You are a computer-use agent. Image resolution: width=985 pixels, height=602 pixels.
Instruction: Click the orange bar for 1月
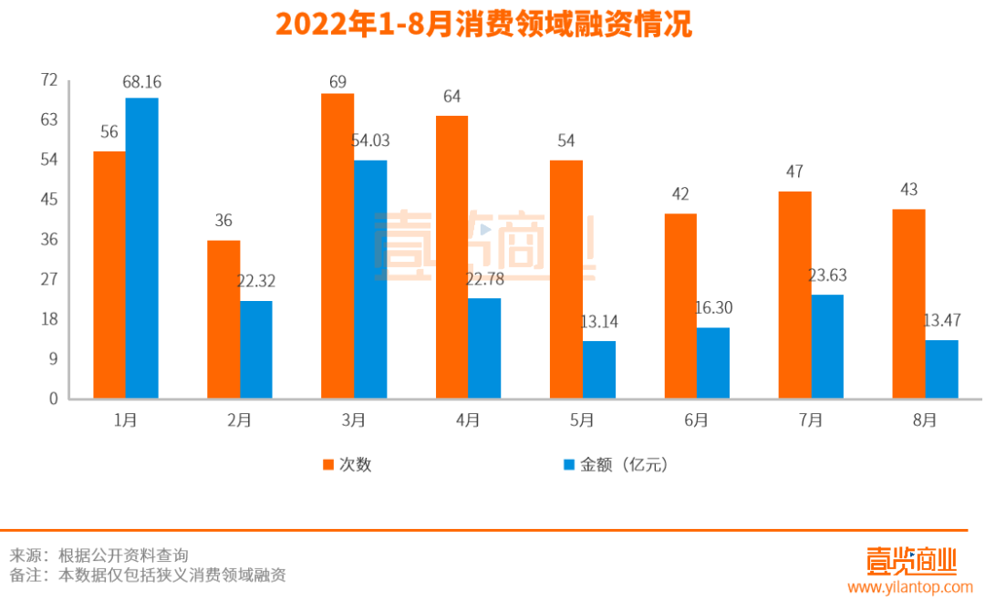109,275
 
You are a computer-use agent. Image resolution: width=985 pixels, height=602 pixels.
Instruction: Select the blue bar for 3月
370,279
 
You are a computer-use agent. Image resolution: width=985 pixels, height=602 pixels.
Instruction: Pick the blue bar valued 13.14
599,369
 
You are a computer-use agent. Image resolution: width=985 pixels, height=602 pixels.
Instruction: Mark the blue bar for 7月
827,347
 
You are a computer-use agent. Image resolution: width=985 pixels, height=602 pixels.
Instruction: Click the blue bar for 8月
941,369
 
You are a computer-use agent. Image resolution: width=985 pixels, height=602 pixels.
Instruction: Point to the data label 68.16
142,83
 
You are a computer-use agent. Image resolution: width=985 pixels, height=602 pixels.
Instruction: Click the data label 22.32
256,282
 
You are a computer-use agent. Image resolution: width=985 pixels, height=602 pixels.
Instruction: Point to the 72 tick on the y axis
49,80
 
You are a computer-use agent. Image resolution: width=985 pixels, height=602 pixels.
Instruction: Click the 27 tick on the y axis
49,279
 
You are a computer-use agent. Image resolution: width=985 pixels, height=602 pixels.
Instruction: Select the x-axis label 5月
582,420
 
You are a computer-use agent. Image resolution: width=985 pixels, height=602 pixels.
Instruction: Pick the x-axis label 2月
240,420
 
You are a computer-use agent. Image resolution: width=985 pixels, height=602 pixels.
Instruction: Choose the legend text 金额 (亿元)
624,465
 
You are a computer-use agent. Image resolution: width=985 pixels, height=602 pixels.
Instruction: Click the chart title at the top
483,25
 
